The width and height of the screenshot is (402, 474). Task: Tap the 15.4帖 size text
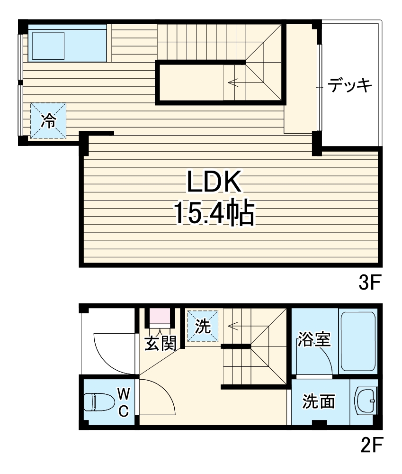(214, 213)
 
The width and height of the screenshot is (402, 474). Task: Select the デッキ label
(350, 86)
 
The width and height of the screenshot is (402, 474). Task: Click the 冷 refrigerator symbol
(48, 121)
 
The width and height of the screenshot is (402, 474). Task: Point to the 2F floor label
(369, 446)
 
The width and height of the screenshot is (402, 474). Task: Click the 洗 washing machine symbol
(203, 326)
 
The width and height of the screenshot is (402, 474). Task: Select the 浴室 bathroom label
(314, 339)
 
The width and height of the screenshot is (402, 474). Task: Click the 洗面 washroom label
(319, 401)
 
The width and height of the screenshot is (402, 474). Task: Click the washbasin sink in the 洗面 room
(365, 401)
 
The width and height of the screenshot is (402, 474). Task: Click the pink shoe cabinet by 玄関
(160, 316)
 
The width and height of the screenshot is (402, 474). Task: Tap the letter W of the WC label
(123, 393)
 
